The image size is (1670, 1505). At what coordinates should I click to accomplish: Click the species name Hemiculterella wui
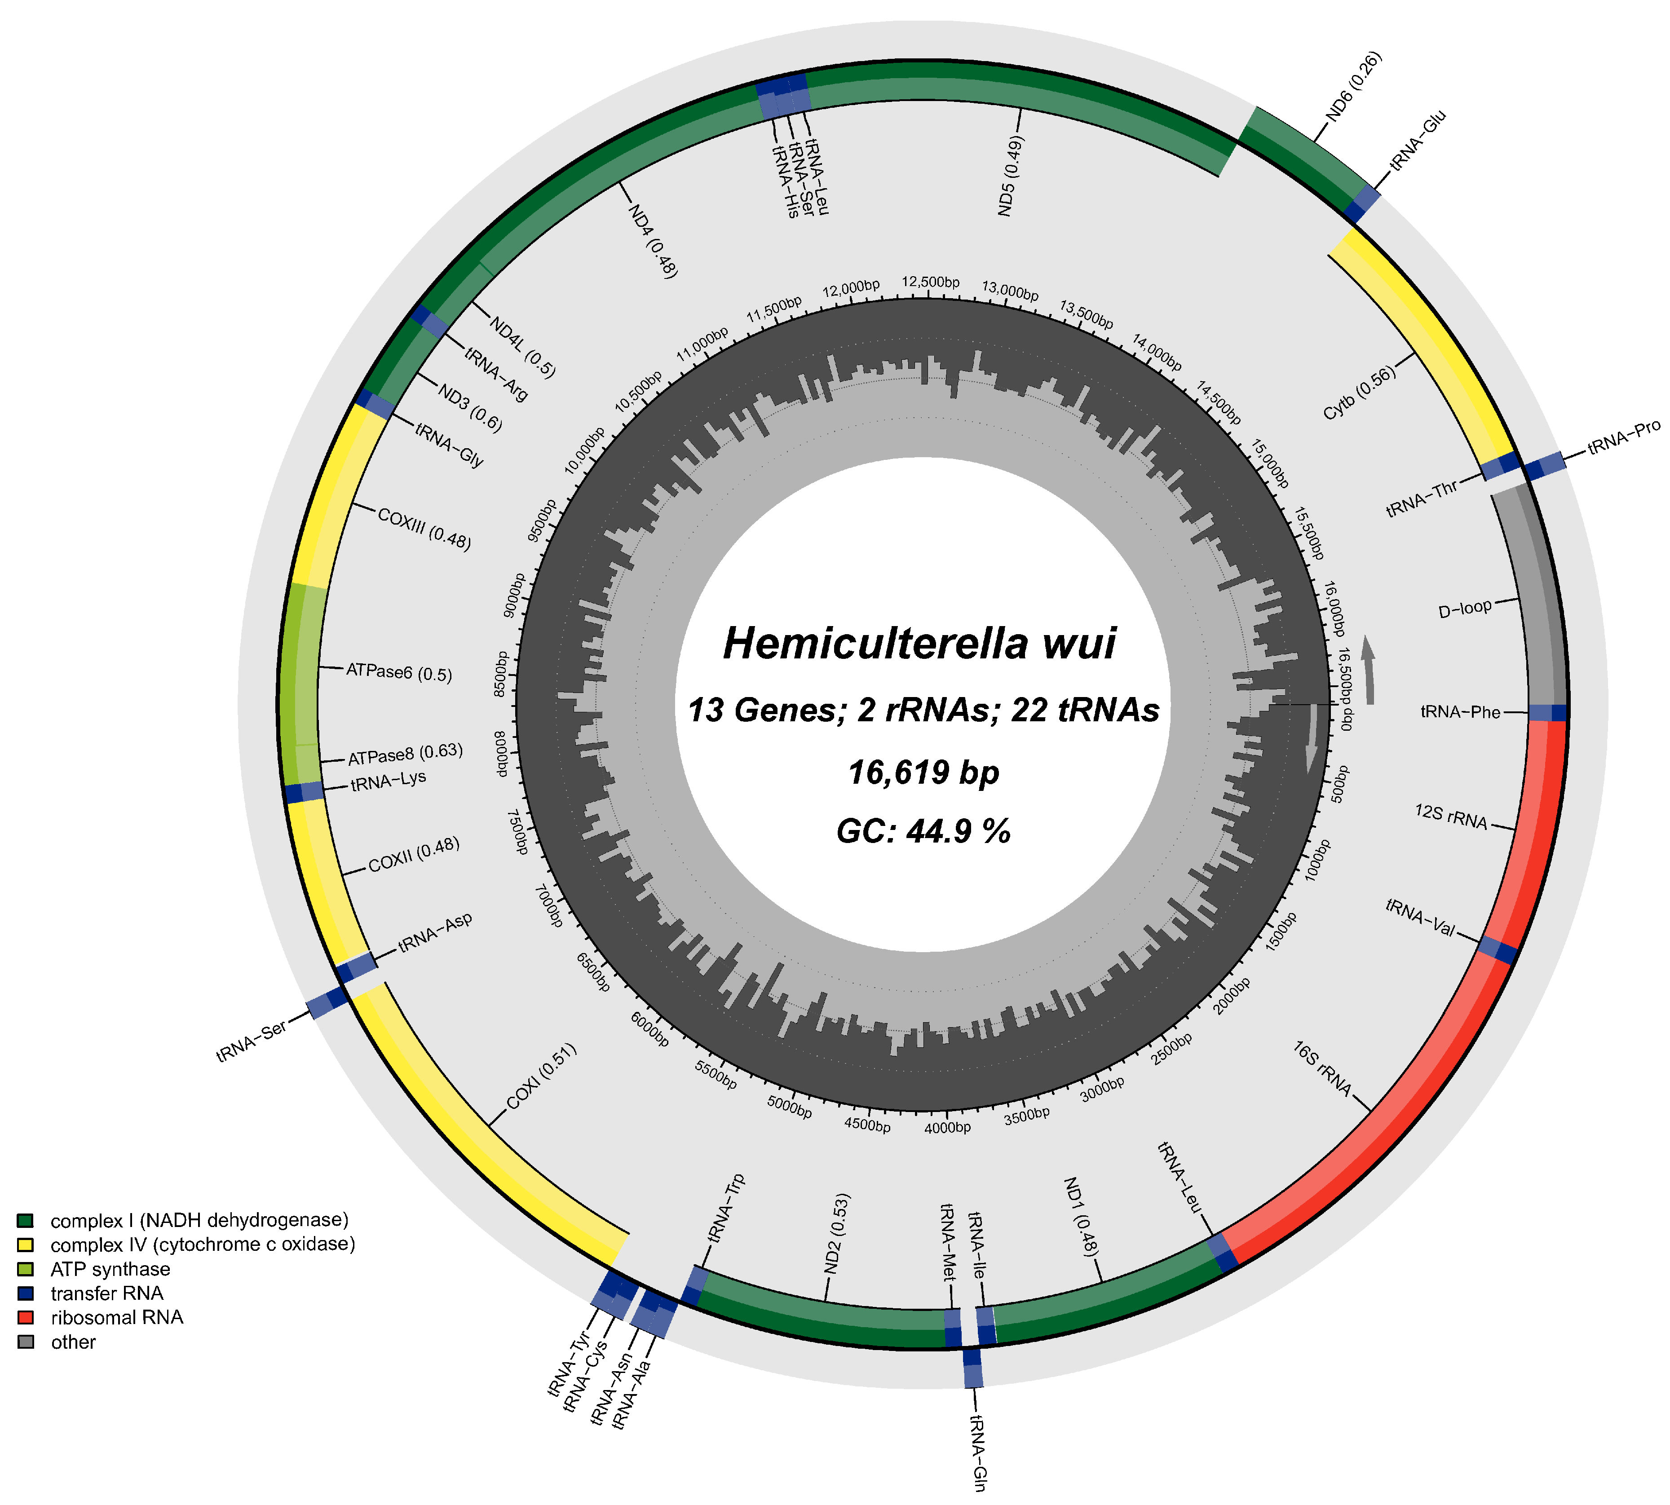point(920,643)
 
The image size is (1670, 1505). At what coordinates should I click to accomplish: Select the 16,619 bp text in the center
point(923,772)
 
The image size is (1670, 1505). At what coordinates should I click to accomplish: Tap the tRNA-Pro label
point(1623,437)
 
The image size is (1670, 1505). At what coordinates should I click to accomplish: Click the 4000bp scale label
point(947,1127)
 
